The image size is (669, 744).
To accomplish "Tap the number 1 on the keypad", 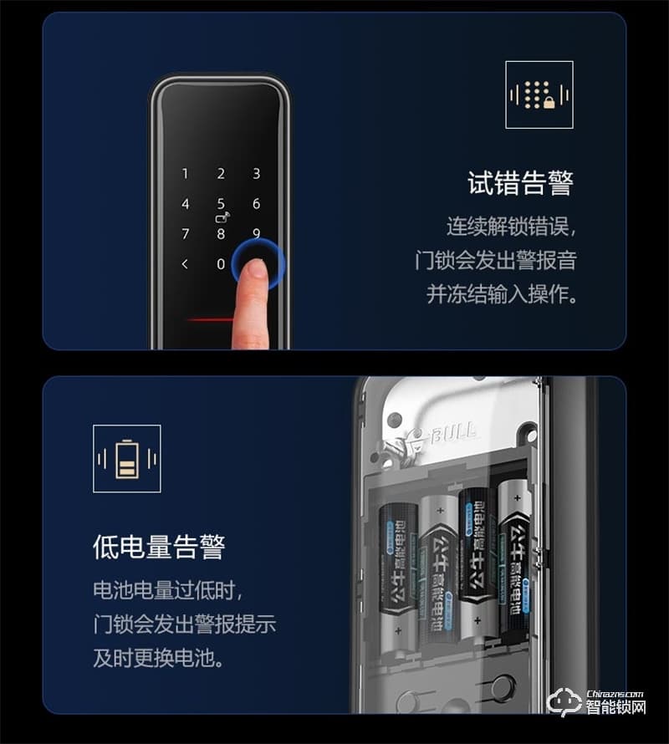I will [186, 174].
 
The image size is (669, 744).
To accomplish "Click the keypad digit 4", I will [186, 204].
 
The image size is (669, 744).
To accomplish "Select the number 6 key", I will [257, 204].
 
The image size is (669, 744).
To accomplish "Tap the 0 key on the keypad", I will [221, 264].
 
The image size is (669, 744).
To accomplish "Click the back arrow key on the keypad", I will [185, 264].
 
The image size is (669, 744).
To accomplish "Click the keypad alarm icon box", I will [539, 94].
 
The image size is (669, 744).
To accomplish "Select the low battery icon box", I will [127, 459].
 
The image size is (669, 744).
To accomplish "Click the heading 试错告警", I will [519, 184].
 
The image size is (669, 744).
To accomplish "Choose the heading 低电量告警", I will [159, 548].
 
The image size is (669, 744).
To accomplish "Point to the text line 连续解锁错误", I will [511, 227].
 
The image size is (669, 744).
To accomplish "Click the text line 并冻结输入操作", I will [502, 294].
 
